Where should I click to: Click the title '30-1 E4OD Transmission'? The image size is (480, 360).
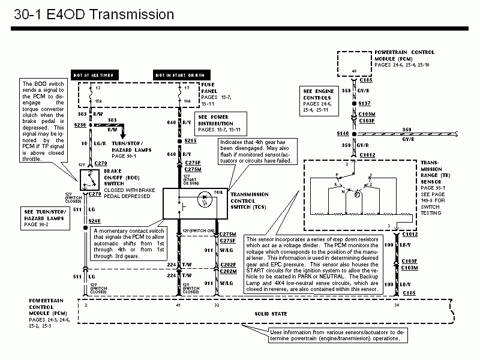click(x=93, y=14)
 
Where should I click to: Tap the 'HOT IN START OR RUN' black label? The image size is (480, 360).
click(x=178, y=74)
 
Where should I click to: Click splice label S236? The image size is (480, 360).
click(x=80, y=125)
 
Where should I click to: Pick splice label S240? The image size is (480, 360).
click(x=95, y=221)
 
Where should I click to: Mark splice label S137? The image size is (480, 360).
click(x=365, y=103)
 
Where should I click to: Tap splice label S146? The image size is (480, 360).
click(x=343, y=133)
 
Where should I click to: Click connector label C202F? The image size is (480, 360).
click(x=227, y=264)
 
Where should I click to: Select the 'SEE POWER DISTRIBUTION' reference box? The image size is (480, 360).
click(x=220, y=123)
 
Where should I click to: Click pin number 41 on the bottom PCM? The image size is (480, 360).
click(x=178, y=305)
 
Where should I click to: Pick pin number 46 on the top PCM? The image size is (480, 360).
click(x=353, y=71)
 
